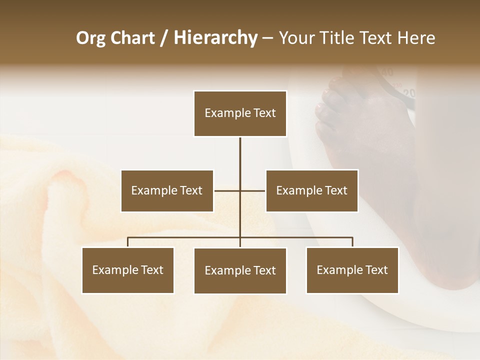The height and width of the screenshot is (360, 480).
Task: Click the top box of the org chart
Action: pos(240,113)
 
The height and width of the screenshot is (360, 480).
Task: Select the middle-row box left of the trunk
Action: pos(167,190)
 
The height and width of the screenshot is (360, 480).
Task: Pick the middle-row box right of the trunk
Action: pos(311,190)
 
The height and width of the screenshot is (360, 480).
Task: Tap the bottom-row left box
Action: pos(128,270)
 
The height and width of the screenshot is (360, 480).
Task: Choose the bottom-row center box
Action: pos(240,270)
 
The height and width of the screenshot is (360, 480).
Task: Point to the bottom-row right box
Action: pos(352,270)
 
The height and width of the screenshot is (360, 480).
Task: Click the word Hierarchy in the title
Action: pos(215,38)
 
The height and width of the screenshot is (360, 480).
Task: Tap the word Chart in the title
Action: pos(130,38)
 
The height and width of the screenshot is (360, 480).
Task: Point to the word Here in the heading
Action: pos(416,38)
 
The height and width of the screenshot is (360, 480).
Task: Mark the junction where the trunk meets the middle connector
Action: pos(240,190)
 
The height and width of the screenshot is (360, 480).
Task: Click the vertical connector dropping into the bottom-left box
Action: pos(128,242)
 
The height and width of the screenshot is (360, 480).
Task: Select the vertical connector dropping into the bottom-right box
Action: pos(352,242)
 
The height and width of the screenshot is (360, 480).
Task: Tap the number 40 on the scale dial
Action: pos(387,72)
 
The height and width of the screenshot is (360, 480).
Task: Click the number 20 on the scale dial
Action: pos(409,93)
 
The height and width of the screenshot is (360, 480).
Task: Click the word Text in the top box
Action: pos(264,113)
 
